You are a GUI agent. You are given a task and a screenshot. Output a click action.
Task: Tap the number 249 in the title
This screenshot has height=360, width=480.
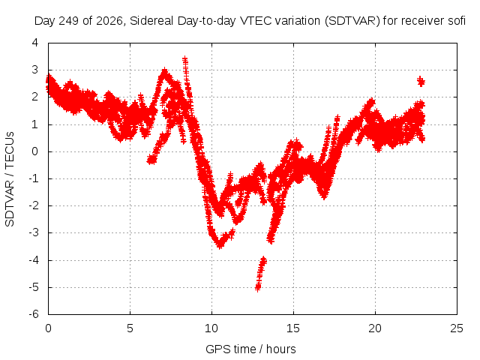click(x=68, y=21)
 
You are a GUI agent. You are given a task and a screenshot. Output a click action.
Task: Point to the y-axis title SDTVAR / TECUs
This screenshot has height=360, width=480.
click(x=10, y=179)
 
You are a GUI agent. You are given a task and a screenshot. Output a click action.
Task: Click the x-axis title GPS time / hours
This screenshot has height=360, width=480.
click(x=250, y=349)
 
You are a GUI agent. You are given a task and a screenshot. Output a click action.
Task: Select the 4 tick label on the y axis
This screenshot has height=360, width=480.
click(x=35, y=43)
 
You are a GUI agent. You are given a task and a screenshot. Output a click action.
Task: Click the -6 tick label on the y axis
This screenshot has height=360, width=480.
click(x=34, y=314)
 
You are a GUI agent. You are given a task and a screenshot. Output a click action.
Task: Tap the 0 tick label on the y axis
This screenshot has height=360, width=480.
click(x=35, y=151)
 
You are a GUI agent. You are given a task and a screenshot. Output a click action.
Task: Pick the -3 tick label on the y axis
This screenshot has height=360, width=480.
click(x=34, y=232)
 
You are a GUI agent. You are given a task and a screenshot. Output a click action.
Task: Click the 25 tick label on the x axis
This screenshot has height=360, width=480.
click(x=457, y=328)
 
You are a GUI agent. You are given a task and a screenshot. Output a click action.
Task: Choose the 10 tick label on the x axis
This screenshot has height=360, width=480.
click(x=211, y=328)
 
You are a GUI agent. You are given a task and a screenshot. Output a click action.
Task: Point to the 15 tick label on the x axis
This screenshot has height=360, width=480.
click(x=293, y=328)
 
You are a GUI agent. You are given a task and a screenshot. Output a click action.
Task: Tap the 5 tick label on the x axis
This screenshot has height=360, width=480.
click(x=130, y=328)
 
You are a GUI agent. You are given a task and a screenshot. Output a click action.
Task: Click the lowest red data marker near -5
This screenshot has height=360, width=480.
click(x=258, y=288)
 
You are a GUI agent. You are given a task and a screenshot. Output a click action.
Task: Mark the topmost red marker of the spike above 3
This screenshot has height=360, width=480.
click(x=185, y=59)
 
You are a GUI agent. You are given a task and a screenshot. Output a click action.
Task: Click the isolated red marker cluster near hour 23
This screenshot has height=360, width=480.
click(x=421, y=81)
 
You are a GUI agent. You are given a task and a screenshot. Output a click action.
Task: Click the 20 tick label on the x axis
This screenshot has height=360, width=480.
click(x=375, y=328)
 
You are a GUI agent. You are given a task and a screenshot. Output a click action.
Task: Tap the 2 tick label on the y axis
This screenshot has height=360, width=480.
click(x=35, y=97)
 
